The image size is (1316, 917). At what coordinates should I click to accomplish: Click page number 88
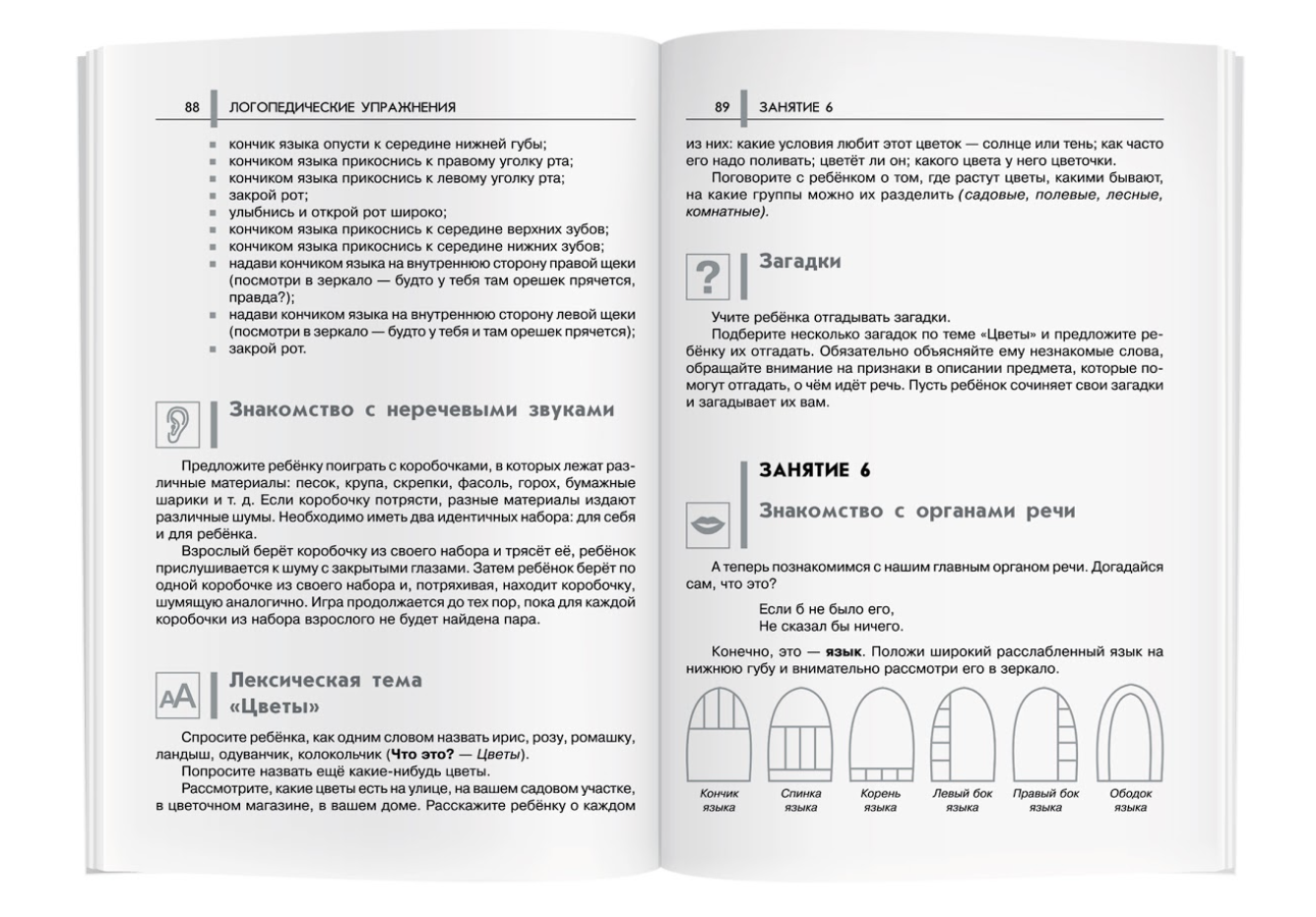[192, 107]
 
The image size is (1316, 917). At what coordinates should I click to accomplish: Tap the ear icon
[178, 424]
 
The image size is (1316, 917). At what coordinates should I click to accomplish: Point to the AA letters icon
[178, 698]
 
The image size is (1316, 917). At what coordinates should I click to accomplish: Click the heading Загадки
[799, 262]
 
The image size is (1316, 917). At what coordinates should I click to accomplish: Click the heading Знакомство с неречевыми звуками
[421, 410]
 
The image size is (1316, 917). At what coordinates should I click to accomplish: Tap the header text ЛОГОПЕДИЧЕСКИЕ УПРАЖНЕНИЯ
[342, 107]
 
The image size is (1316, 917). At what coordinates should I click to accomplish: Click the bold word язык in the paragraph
[844, 651]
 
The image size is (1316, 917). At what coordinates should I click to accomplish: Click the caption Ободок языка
[1130, 800]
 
